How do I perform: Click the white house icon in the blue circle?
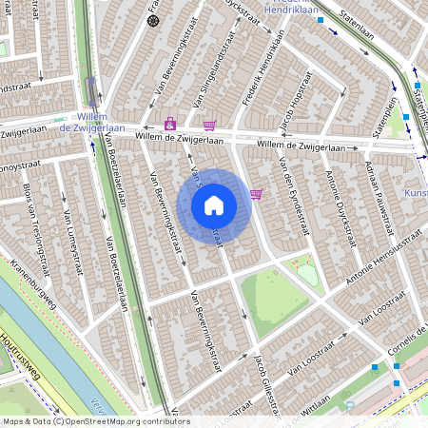pyautogui.click(x=214, y=204)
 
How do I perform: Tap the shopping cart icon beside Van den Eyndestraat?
pyautogui.click(x=256, y=194)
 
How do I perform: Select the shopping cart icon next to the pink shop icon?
pyautogui.click(x=209, y=125)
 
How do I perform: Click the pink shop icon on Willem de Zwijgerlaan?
pyautogui.click(x=170, y=124)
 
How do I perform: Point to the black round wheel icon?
pyautogui.click(x=153, y=20)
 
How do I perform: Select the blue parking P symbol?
pyautogui.click(x=349, y=406)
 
